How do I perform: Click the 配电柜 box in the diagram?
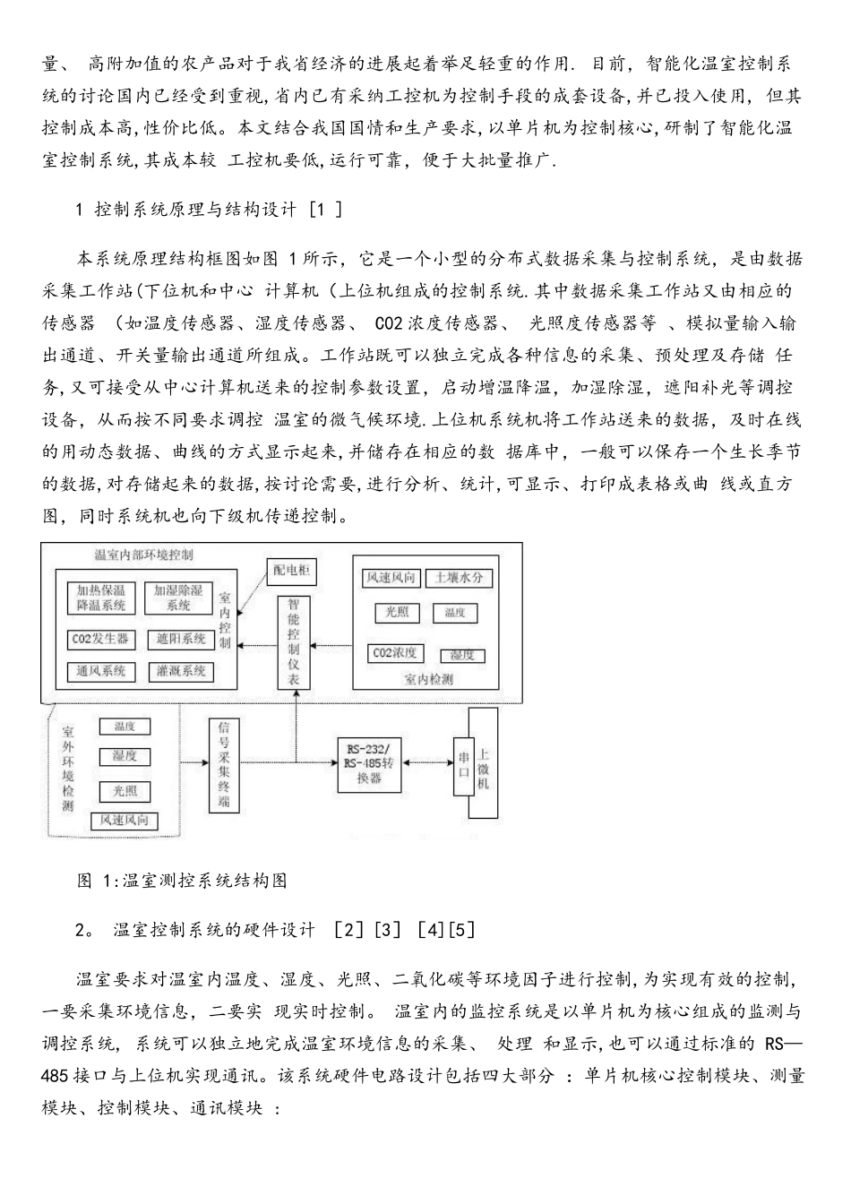[292, 571]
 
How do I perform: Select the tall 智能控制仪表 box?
[295, 642]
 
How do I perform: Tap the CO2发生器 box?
[100, 640]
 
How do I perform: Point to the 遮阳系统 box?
[180, 640]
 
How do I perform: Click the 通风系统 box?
[100, 671]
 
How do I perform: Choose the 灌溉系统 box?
[180, 671]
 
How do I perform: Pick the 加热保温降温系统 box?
[100, 598]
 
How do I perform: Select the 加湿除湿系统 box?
[178, 598]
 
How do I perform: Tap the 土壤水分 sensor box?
[459, 578]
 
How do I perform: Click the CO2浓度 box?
[395, 653]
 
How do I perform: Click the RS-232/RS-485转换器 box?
[369, 764]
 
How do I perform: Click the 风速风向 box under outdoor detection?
[124, 820]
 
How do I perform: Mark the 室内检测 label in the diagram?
[428, 680]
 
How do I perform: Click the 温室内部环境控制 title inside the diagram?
[143, 555]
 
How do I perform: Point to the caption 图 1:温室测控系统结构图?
[183, 881]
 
